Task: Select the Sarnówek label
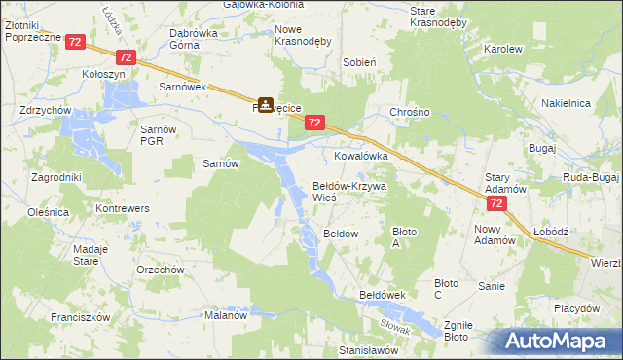(x=180, y=87)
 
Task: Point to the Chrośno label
(x=410, y=112)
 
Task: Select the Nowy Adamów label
(x=494, y=234)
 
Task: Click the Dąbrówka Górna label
(x=193, y=38)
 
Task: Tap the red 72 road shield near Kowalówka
(x=313, y=123)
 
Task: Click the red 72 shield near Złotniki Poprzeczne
(x=76, y=41)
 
